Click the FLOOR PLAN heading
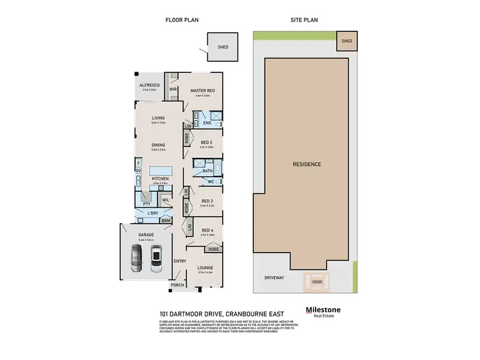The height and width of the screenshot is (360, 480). (182, 20)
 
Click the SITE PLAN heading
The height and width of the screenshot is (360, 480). (305, 20)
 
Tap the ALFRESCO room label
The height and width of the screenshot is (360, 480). (149, 85)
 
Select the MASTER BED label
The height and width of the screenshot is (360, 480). (203, 91)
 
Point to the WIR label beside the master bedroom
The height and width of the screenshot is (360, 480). (173, 90)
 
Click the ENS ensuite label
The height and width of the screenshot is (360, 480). (207, 122)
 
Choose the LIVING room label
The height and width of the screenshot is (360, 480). (159, 118)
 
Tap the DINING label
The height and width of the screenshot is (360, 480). (159, 145)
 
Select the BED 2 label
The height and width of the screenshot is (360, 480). (206, 142)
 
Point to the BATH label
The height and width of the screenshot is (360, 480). (207, 171)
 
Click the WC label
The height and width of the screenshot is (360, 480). (211, 182)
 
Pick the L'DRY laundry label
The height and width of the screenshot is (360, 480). (152, 212)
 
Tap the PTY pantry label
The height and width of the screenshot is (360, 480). (147, 204)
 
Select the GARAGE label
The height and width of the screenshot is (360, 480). (147, 235)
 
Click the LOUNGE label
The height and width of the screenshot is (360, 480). (205, 268)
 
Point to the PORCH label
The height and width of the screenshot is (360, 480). (177, 285)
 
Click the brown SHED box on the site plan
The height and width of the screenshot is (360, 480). (346, 41)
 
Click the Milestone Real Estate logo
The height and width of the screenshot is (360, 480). (323, 311)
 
